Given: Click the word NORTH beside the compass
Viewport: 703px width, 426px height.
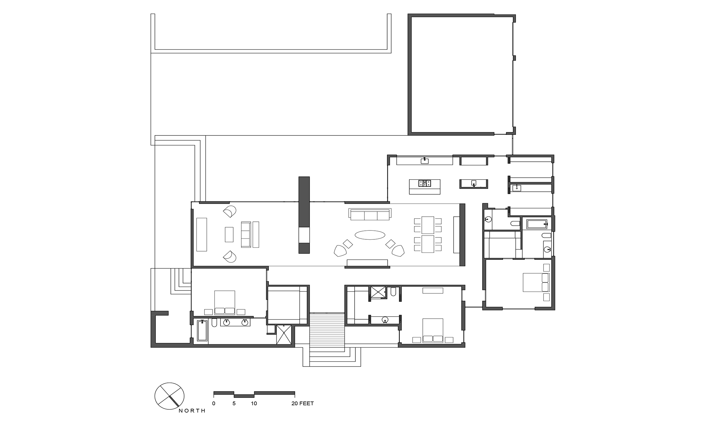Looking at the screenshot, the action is point(192,411).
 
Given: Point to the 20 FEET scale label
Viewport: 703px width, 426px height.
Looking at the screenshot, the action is point(303,403).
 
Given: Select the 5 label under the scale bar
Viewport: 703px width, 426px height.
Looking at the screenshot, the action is point(234,403).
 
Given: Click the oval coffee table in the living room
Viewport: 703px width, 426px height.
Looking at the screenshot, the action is point(370,235).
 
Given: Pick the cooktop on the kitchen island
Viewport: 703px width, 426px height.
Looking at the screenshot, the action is point(425,183).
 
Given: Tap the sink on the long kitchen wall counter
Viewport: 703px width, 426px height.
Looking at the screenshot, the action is point(425,160).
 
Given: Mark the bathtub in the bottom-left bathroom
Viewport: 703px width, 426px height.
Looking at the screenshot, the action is point(202,331).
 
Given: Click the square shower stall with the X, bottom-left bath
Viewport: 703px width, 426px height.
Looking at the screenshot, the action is point(284,335).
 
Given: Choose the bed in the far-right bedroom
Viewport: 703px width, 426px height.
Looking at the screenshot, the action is point(536,282).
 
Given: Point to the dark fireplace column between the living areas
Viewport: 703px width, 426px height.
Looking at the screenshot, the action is point(304,215).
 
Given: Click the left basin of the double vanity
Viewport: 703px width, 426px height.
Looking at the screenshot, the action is point(227,322).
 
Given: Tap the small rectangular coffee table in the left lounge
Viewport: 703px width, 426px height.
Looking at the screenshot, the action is point(229,234).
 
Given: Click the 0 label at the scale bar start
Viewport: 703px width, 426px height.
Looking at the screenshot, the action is point(214,403).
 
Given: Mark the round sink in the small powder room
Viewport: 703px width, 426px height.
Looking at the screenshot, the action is point(488,219).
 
